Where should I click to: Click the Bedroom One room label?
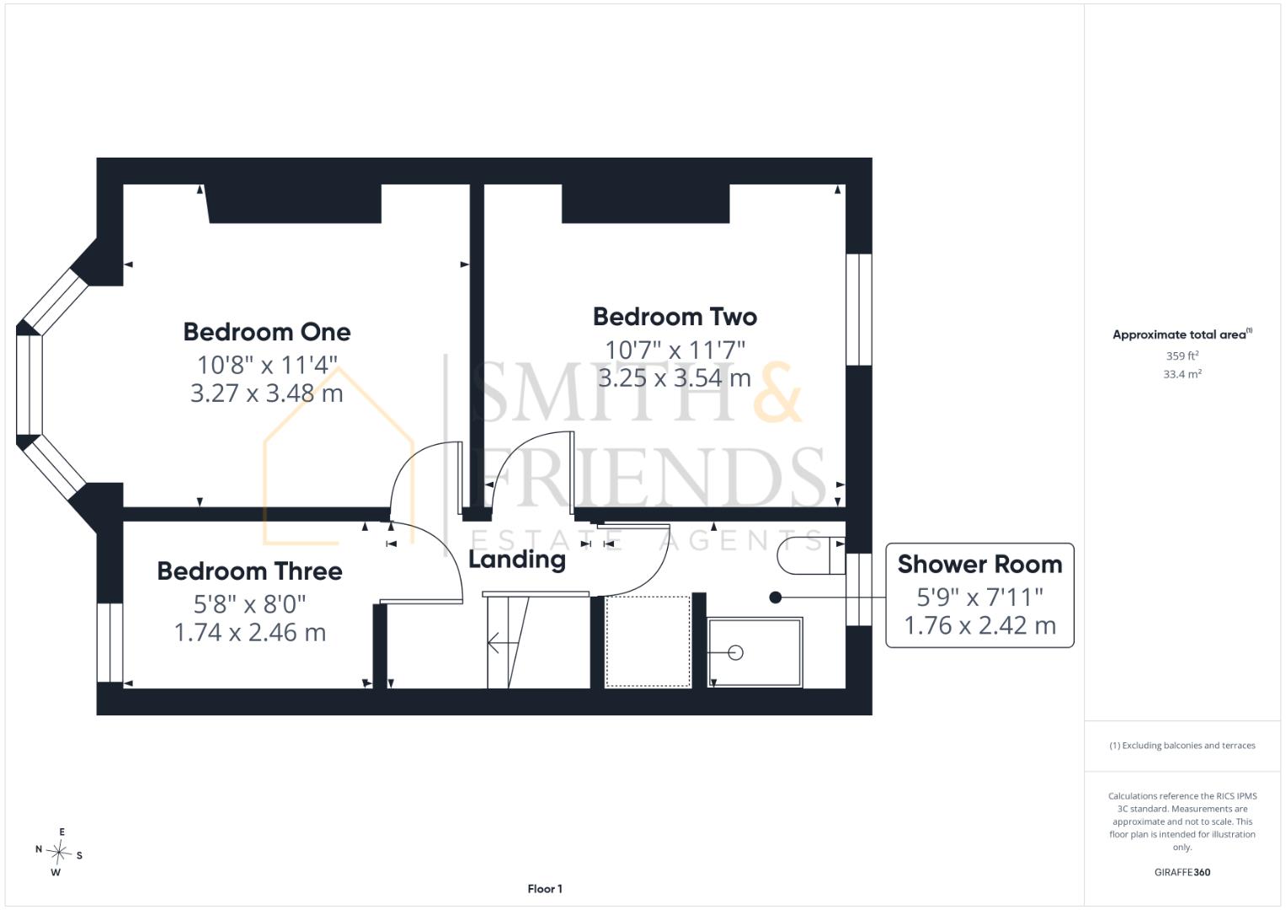267,332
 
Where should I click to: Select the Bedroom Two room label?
675,317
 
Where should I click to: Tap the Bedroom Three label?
250,571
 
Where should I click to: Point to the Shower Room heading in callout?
980,565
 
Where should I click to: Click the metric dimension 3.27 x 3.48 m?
267,393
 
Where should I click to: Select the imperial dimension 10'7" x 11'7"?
675,350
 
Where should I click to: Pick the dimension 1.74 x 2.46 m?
250,633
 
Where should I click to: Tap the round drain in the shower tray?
735,653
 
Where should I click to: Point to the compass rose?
59,852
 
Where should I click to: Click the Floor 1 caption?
545,889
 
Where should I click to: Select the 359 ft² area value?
1182,356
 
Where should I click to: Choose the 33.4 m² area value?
1182,374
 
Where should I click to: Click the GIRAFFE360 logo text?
1182,872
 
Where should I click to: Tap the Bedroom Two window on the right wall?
859,310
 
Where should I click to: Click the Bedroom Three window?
109,642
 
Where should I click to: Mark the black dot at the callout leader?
776,598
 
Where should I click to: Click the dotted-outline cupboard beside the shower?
648,641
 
